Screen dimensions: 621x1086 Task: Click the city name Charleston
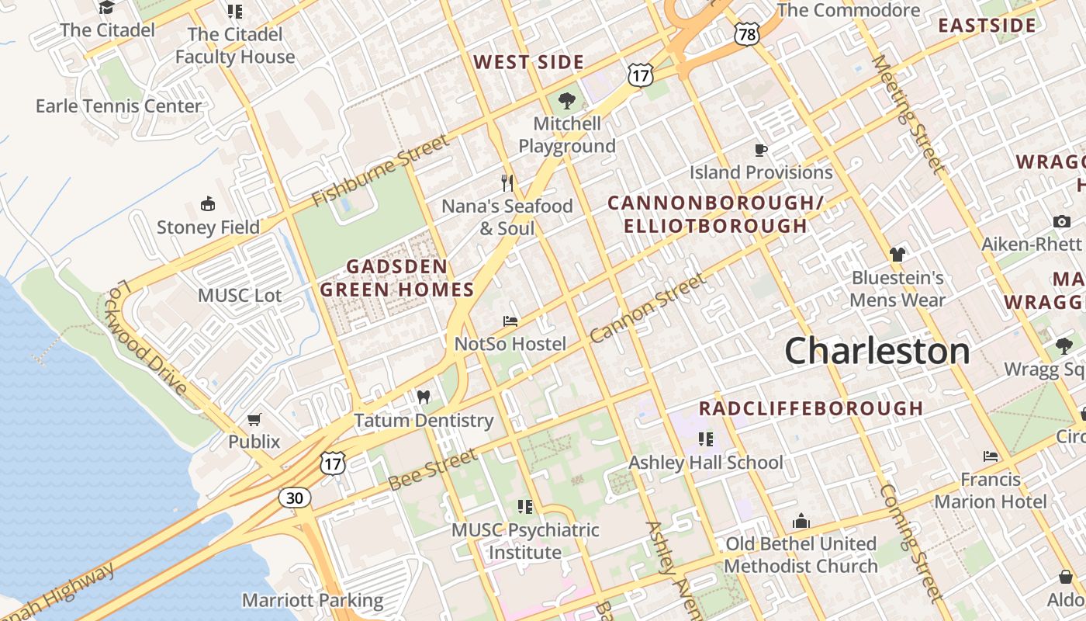[877, 352]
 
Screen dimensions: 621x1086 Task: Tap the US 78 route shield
[746, 33]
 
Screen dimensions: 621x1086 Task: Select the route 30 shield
[295, 498]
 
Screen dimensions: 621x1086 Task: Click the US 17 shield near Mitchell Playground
[641, 75]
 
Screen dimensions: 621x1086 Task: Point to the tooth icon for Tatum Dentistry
[423, 397]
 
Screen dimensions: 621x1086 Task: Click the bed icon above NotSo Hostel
[510, 321]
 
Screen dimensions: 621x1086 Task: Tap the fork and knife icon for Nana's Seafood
[507, 183]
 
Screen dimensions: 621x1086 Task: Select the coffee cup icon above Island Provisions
[761, 149]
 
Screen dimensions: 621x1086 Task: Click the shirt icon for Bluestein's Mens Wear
[898, 254]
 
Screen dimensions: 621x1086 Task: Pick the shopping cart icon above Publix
[254, 420]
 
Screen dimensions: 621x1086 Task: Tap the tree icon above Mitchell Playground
[567, 100]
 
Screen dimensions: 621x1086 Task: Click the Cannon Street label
[648, 308]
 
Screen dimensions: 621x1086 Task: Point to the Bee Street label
[433, 470]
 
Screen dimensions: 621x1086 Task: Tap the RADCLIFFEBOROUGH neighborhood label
[811, 408]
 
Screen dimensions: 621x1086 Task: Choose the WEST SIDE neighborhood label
[528, 62]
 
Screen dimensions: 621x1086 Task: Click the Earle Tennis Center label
[119, 106]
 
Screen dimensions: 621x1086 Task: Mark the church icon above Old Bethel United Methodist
[801, 521]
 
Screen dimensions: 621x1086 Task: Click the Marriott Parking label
[313, 600]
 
